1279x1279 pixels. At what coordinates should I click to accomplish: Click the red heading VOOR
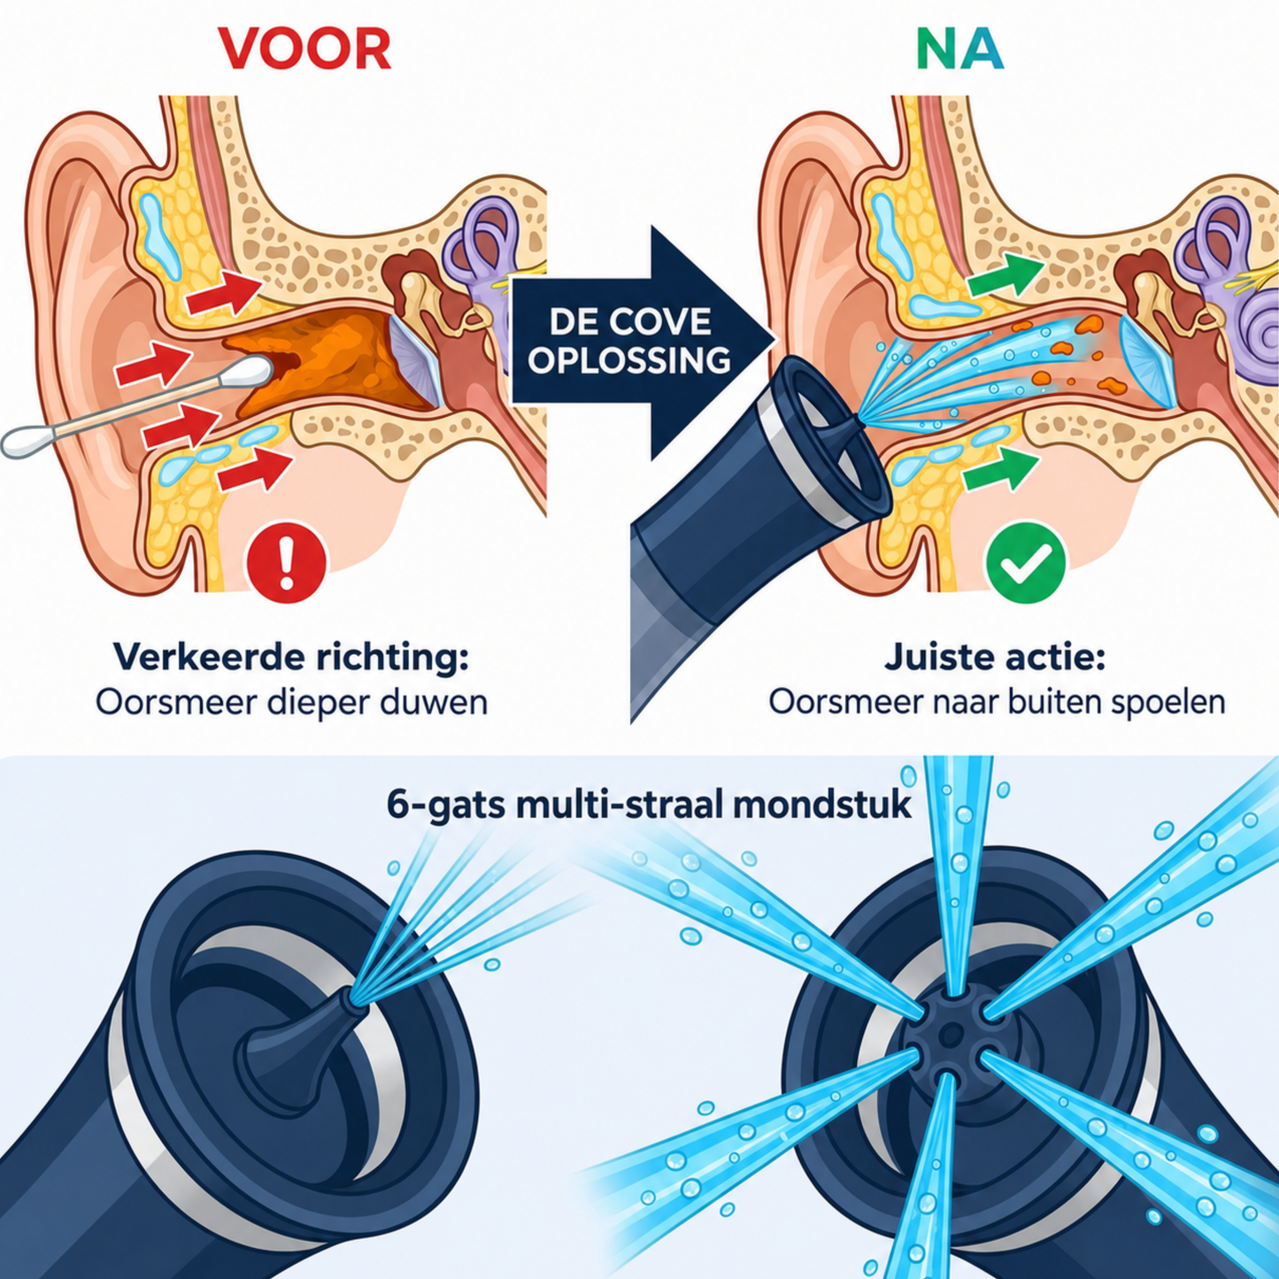click(x=304, y=50)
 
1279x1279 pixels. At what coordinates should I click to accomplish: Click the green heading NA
click(x=959, y=50)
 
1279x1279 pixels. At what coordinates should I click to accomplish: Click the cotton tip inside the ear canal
click(x=250, y=373)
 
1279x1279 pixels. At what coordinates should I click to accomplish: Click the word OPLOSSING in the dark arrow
click(x=629, y=361)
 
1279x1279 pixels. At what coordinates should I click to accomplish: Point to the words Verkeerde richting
click(x=291, y=657)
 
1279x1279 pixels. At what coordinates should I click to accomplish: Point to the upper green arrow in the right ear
click(x=1005, y=275)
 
